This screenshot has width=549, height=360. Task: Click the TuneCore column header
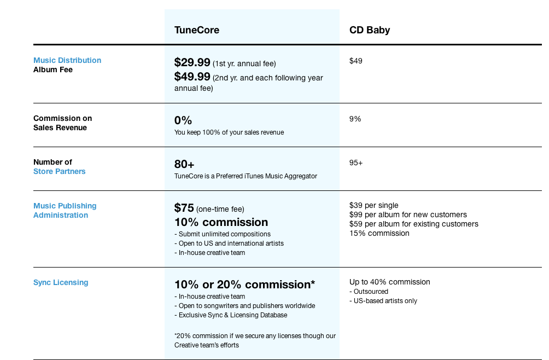click(197, 30)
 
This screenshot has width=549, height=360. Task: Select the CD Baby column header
click(370, 30)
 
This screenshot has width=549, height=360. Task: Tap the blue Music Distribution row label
click(67, 60)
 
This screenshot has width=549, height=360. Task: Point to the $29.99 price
click(192, 62)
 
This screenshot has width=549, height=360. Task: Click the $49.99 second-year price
click(192, 77)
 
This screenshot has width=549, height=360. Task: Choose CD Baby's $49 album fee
click(356, 61)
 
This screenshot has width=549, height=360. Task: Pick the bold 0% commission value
click(183, 120)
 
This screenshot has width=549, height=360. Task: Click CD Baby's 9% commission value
click(355, 119)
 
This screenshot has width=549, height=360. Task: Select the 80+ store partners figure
click(184, 164)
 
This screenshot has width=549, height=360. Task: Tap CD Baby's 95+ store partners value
click(356, 162)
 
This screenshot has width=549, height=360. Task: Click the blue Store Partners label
click(60, 171)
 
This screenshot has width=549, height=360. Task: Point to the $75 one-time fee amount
click(184, 208)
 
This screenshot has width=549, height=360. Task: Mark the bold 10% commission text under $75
click(221, 222)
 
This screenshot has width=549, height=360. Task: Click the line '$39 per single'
click(374, 205)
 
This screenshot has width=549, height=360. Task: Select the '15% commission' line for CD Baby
click(379, 233)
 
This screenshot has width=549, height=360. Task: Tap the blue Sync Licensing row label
click(61, 282)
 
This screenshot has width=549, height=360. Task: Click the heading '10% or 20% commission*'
click(244, 284)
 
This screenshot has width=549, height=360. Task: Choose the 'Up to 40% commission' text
click(390, 282)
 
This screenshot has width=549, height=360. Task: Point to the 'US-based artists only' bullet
click(386, 300)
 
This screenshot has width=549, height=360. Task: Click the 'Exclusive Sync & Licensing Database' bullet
click(233, 315)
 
